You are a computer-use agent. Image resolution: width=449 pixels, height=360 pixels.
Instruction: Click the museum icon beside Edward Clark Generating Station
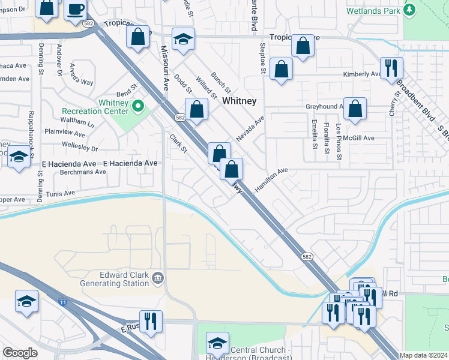pyautogui.click(x=158, y=277)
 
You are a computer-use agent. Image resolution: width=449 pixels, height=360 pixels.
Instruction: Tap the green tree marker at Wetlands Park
pyautogui.click(x=409, y=10)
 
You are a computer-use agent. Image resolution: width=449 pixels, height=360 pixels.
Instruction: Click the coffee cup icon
pyautogui.click(x=76, y=10)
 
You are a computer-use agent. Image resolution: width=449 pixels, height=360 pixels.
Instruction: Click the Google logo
pyautogui.click(x=20, y=353)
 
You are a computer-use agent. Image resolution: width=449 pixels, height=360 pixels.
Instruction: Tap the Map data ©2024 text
pyautogui.click(x=424, y=355)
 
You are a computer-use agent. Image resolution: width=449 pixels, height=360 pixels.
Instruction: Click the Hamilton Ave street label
pyautogui.click(x=271, y=179)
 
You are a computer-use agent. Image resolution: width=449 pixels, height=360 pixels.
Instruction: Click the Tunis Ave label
pyautogui.click(x=60, y=193)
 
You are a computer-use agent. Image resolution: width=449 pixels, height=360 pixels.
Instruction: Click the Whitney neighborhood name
pyautogui.click(x=240, y=101)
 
